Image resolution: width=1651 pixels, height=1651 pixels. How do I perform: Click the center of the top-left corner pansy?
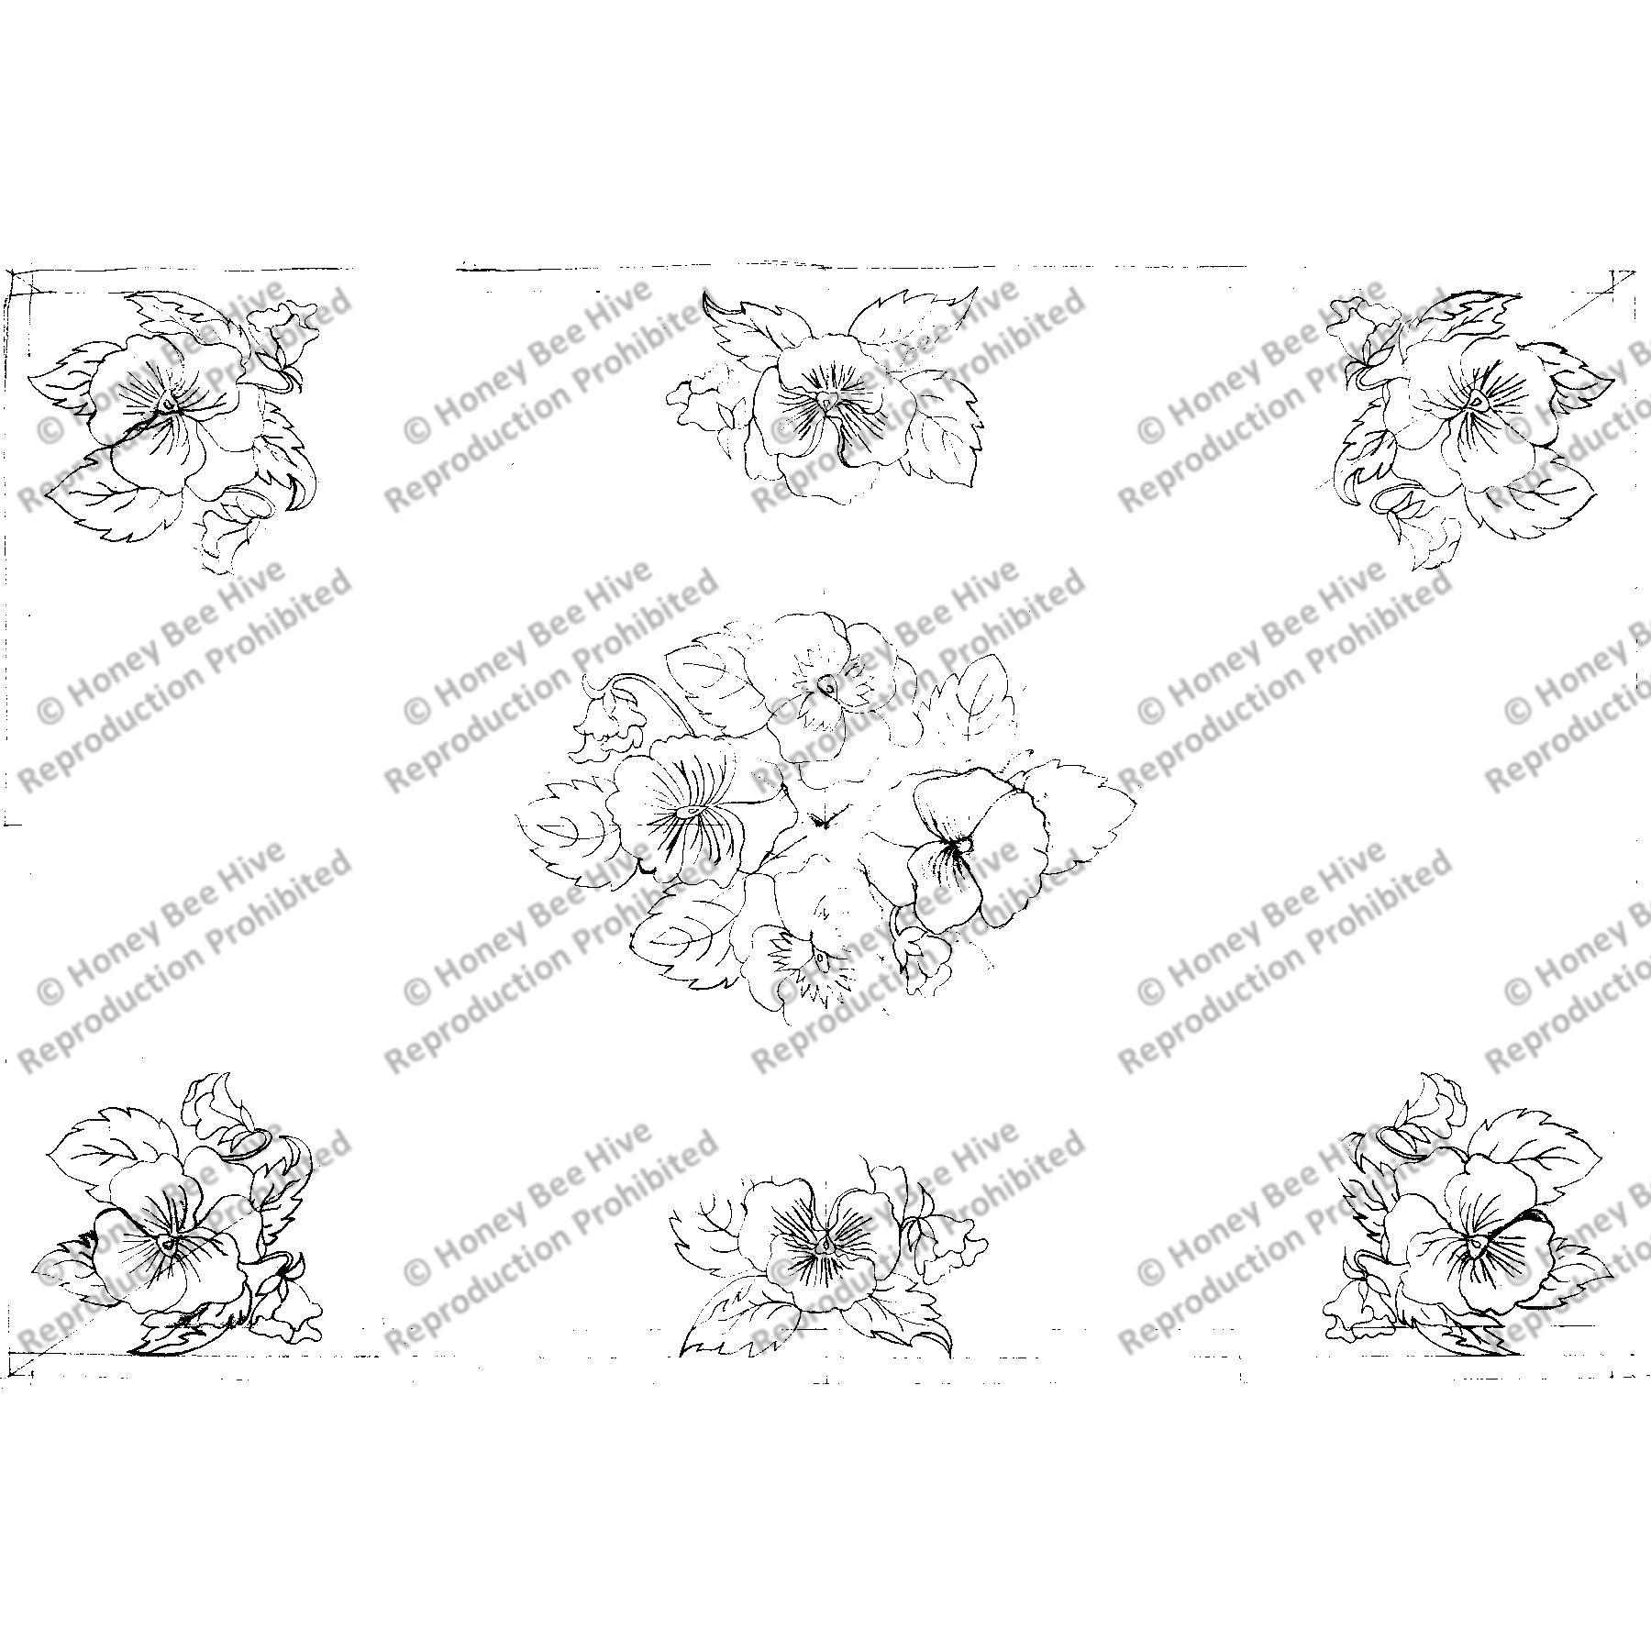tap(165, 403)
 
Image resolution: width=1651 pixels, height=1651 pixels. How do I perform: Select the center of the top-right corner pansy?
tap(1477, 401)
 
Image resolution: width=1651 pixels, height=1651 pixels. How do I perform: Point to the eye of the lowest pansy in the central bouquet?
tap(819, 959)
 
